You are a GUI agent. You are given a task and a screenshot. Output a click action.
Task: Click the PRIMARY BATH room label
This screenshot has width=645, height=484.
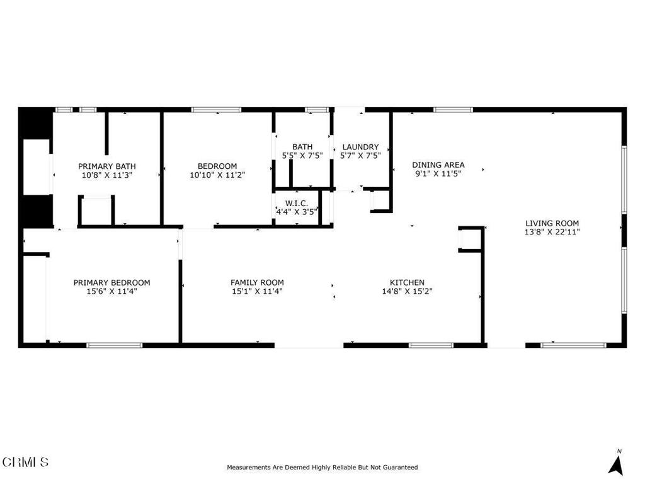click(x=105, y=166)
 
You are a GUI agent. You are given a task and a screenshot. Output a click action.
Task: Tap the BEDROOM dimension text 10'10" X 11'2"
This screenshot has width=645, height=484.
click(x=217, y=175)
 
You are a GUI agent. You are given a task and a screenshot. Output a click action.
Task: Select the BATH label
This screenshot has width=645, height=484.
click(x=302, y=146)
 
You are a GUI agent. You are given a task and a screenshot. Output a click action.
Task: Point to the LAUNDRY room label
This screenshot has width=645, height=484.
click(x=360, y=146)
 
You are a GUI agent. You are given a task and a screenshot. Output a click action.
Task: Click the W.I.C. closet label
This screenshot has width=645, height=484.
click(x=296, y=203)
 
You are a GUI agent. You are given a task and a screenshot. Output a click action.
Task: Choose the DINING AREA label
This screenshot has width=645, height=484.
click(x=438, y=164)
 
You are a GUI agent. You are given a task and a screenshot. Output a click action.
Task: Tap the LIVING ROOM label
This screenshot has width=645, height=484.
click(x=552, y=222)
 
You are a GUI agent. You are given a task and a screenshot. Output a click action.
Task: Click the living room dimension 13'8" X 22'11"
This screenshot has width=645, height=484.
click(x=552, y=232)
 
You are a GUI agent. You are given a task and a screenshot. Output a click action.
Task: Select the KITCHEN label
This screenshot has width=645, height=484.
click(x=408, y=282)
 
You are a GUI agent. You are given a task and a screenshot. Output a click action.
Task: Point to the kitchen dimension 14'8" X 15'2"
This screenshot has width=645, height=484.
click(x=408, y=291)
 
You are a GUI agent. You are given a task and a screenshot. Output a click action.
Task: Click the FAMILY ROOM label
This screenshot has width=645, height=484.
click(x=257, y=282)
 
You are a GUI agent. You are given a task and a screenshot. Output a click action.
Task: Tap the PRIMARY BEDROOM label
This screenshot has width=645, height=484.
click(x=111, y=282)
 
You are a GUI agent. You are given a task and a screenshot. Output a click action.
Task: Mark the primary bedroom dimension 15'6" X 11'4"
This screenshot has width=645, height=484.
click(x=111, y=291)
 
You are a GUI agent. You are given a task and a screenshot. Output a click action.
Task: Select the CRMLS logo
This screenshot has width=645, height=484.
click(x=25, y=463)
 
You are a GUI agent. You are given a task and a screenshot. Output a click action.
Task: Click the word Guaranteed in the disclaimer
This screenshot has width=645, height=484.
click(x=399, y=468)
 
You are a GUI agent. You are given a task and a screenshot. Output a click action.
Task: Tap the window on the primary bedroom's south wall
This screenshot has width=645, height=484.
click(x=115, y=345)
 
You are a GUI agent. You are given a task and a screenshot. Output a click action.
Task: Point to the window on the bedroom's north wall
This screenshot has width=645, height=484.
click(x=216, y=110)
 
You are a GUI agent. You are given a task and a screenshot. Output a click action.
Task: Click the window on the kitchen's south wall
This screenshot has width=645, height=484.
click(x=431, y=345)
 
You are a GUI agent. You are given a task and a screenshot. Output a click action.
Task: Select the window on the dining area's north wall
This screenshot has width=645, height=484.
click(x=453, y=110)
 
